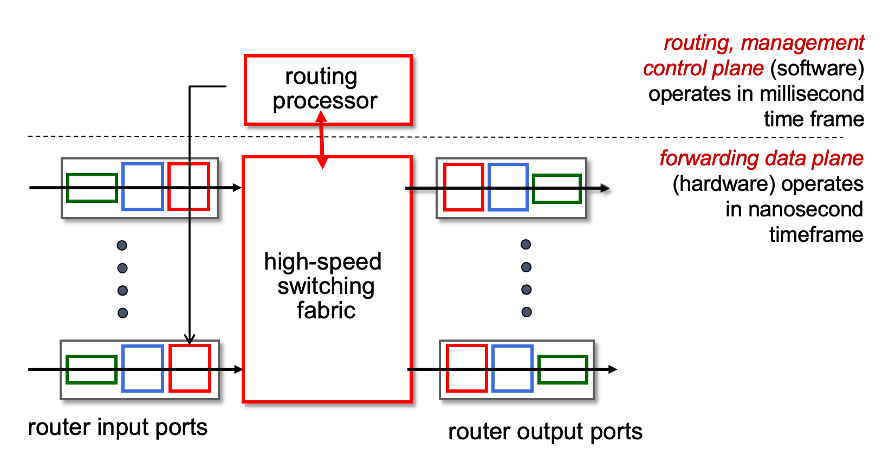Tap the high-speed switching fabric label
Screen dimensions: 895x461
pos(323,286)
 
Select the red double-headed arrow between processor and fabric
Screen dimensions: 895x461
pos(322,140)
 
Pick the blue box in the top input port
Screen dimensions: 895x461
pos(142,164)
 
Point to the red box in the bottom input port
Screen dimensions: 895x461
pos(190,346)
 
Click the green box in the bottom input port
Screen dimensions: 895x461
pos(92,357)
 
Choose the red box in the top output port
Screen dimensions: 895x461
pos(464,165)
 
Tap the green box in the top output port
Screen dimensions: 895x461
pos(557,176)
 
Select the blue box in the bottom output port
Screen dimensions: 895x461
pos(512,346)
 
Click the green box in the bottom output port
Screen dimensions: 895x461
pos(562,357)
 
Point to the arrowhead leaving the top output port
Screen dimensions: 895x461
pos(605,188)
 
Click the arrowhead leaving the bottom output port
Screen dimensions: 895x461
pos(613,369)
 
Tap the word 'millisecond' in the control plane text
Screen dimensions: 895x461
pos(812,94)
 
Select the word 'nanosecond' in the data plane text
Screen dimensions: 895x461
pos(806,209)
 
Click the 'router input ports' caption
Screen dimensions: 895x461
pos(118,427)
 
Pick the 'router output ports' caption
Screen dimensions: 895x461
pos(545,432)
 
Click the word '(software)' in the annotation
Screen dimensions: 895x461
pos(816,69)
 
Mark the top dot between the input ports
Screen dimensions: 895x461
pos(122,245)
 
